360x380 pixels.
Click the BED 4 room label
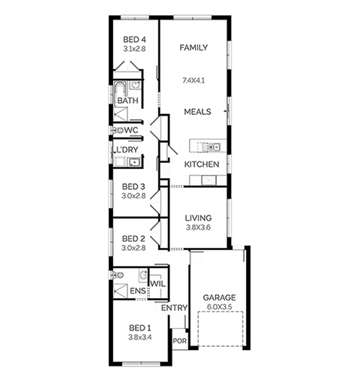tap(134, 40)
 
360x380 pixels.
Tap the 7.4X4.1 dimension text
tap(193, 80)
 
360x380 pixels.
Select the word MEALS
tap(197, 112)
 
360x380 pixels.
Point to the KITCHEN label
tap(202, 164)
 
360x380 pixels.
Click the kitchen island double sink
tap(211, 146)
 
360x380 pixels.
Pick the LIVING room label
tap(198, 218)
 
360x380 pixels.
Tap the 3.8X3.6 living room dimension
tap(198, 228)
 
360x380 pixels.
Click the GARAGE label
tap(219, 297)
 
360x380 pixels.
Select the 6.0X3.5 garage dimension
tap(219, 306)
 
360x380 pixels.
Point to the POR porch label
tap(180, 341)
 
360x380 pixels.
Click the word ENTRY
tap(174, 308)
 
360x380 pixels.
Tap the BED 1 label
tap(139, 328)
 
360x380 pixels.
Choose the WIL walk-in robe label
tap(158, 284)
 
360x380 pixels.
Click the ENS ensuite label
tap(138, 291)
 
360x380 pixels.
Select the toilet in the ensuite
tap(116, 275)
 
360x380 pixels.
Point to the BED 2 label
tap(133, 239)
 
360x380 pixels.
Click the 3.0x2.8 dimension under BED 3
tap(133, 196)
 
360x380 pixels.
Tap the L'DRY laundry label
tap(127, 149)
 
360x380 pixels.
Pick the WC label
tap(131, 130)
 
